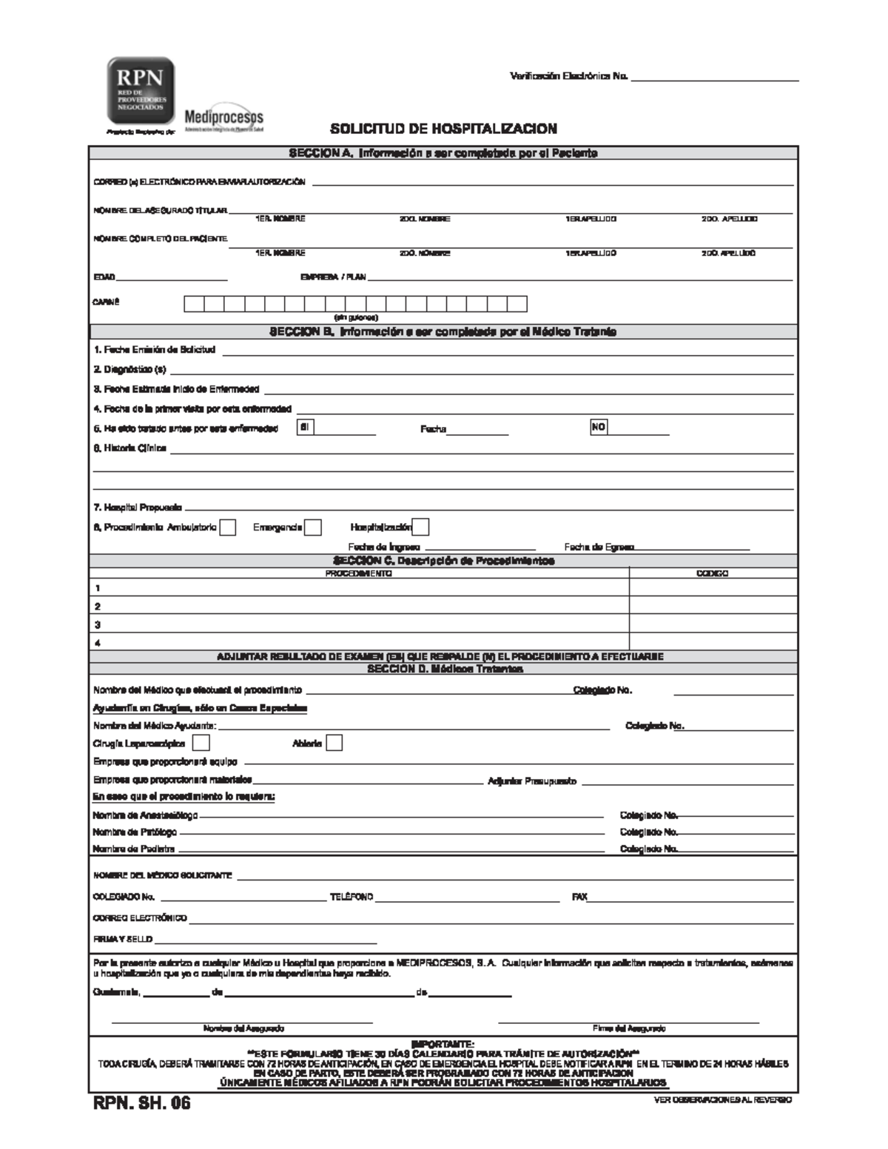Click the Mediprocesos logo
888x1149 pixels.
point(223,118)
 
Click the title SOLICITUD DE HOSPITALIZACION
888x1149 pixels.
point(443,129)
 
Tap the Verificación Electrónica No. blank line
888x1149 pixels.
point(714,78)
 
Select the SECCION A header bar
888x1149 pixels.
point(443,153)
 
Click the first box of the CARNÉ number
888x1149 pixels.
point(194,304)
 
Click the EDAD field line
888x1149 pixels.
point(172,279)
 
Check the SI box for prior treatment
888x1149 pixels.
point(303,427)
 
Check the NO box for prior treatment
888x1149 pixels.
point(598,427)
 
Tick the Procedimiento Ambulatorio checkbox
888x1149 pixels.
point(228,528)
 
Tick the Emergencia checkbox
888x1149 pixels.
point(313,528)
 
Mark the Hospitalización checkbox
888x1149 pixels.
point(420,527)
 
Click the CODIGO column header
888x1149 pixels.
point(713,573)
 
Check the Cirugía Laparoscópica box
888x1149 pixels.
point(201,743)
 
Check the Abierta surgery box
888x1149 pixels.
point(334,743)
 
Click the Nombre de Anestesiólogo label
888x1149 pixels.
point(145,815)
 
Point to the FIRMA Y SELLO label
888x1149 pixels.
point(122,939)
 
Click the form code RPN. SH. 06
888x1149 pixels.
point(141,1103)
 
